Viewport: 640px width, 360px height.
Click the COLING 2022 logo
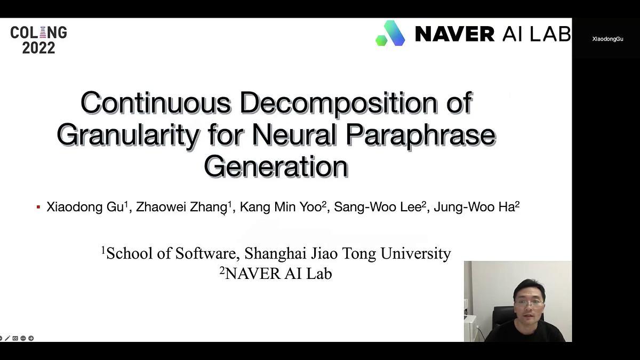tap(38, 40)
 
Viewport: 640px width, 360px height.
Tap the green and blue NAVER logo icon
tap(390, 34)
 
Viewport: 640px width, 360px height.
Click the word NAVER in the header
tap(454, 34)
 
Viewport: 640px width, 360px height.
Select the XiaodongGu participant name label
tap(607, 39)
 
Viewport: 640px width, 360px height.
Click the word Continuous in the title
tap(155, 103)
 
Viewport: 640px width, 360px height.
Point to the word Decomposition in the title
tap(339, 103)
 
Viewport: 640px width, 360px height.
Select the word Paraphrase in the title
tap(420, 135)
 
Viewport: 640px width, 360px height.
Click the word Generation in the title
tap(276, 166)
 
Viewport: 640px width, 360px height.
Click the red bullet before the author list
tap(38, 207)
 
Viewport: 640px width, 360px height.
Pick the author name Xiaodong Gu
tap(85, 207)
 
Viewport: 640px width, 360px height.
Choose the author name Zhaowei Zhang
tap(181, 207)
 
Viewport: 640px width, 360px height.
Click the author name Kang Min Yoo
tap(281, 207)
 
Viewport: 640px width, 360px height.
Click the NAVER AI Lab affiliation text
tap(278, 274)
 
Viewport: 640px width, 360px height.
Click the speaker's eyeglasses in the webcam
tap(529, 303)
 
